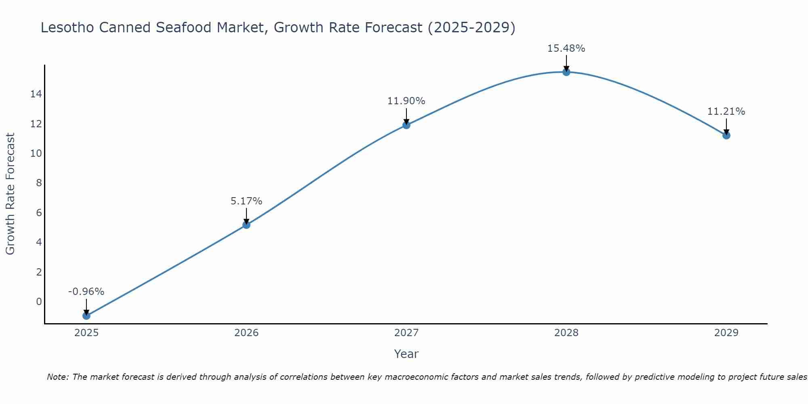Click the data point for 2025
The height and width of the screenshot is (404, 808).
pos(86,316)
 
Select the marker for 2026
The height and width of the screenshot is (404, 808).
pos(246,225)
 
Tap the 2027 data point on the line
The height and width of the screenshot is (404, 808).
pos(406,125)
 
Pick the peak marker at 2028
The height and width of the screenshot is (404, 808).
pos(566,72)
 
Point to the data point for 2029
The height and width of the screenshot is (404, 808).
pos(726,135)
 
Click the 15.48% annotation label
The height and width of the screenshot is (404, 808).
pos(566,48)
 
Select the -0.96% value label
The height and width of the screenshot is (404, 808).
pos(86,292)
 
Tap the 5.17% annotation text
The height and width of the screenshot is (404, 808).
pos(246,201)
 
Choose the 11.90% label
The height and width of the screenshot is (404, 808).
pos(406,101)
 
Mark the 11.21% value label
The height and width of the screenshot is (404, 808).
pos(726,112)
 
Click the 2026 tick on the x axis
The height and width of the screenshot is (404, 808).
pos(246,333)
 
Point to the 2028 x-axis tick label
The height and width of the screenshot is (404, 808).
pos(566,333)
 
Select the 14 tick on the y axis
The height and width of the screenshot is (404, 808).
pos(36,94)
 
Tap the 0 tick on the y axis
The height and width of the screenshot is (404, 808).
pos(39,302)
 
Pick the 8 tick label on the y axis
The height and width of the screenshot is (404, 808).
pos(39,183)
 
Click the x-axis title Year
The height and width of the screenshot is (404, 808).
pos(406,354)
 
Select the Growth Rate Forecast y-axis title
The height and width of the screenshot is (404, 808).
pos(11,194)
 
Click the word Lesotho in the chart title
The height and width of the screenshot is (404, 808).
pos(67,27)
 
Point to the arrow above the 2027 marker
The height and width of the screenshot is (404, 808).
pos(406,116)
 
